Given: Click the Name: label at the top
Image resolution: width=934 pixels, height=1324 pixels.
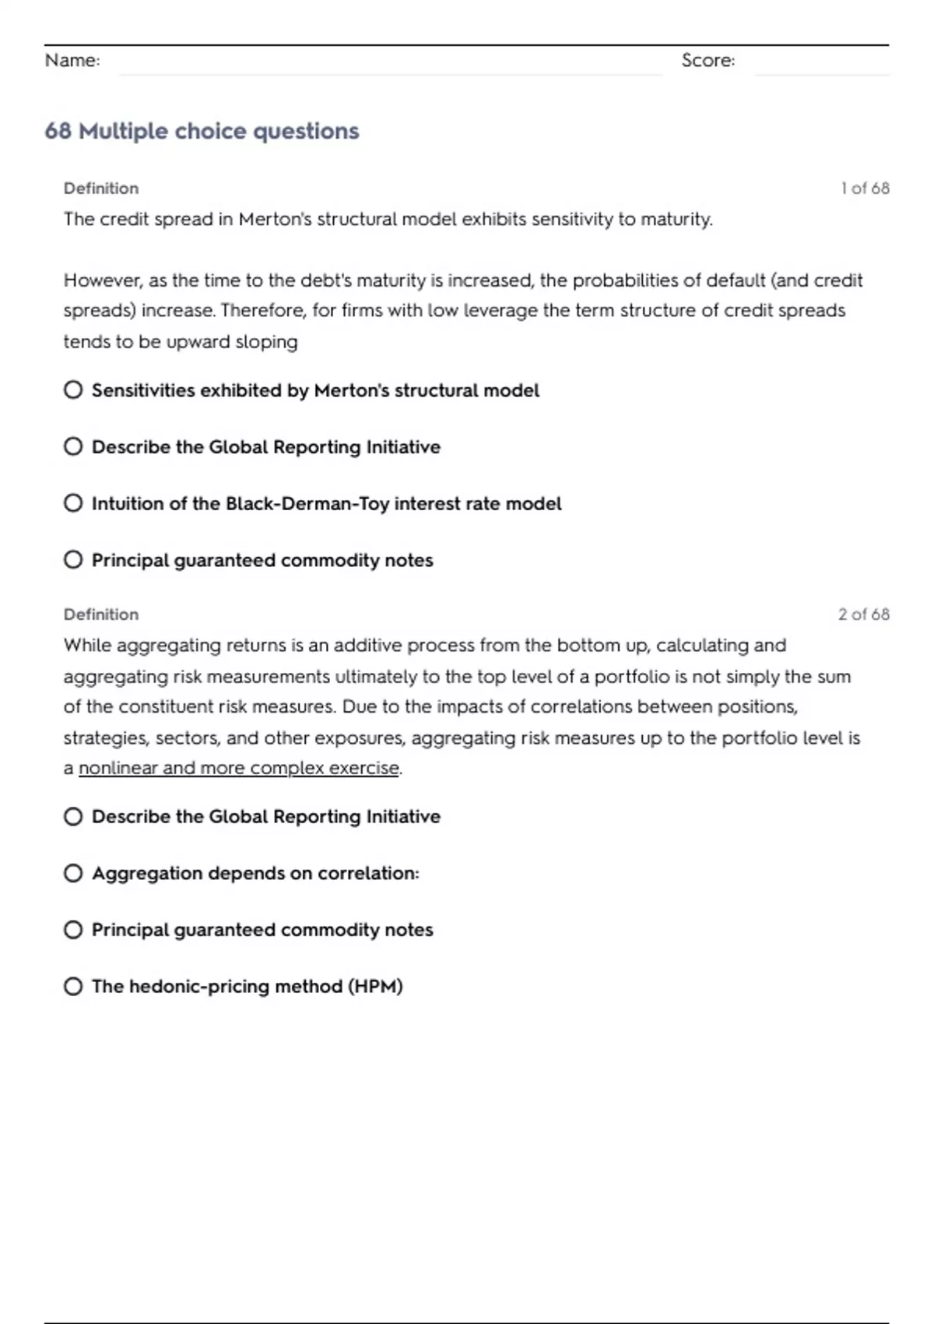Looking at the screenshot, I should (72, 61).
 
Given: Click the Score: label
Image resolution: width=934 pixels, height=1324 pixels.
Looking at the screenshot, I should (708, 61).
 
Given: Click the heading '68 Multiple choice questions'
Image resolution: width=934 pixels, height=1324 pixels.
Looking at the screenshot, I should (202, 131).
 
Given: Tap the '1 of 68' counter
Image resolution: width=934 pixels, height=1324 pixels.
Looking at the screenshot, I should (865, 188).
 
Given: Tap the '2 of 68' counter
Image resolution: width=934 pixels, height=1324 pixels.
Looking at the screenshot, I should (863, 614).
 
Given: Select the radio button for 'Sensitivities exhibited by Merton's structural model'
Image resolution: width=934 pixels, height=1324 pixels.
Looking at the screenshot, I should (73, 389).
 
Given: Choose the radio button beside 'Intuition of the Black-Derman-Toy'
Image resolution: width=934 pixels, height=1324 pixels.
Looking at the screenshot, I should (73, 503).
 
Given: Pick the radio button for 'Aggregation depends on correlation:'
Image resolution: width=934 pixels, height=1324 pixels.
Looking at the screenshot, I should (73, 873).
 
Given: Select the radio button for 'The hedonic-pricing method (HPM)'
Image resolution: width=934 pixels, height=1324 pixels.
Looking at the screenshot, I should (73, 987).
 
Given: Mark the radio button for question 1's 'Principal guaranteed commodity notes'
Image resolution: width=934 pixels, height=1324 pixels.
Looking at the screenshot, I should (73, 560).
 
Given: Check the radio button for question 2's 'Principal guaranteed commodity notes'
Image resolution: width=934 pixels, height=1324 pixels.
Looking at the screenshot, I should (73, 930).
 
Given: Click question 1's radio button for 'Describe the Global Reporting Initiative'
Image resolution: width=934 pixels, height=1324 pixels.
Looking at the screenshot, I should (73, 446).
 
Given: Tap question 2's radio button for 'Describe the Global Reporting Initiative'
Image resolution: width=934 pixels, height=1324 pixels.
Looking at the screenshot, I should (73, 816).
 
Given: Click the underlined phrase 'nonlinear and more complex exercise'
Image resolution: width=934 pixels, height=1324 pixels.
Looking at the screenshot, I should (239, 768).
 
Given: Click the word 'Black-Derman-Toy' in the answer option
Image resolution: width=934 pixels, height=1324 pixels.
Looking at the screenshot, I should (307, 504).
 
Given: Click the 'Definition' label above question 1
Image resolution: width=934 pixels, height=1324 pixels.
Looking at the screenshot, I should (101, 188).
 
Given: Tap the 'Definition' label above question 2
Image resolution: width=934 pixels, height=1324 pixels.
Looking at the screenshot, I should (101, 614).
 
